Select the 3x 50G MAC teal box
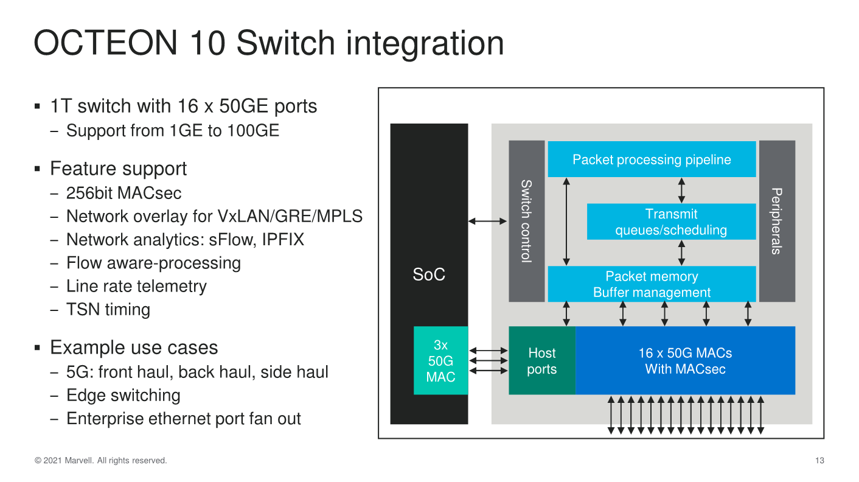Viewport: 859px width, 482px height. click(x=440, y=360)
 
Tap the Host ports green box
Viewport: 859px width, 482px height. click(x=542, y=360)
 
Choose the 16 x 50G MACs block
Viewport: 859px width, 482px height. click(x=685, y=360)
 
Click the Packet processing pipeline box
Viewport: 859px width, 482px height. click(x=652, y=159)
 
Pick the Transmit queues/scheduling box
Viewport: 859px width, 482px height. click(x=672, y=222)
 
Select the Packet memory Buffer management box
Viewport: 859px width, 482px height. click(x=652, y=284)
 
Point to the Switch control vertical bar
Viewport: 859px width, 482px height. click(x=526, y=221)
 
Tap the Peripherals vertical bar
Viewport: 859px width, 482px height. click(x=777, y=221)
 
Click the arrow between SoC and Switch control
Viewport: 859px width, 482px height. click(x=487, y=221)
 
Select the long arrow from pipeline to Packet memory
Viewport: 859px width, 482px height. click(x=566, y=222)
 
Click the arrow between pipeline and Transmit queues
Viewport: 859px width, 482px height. click(x=681, y=190)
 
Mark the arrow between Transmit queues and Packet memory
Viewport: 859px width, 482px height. click(x=681, y=253)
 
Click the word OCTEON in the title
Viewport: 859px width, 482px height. click(x=106, y=43)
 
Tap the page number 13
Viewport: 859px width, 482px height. click(x=819, y=461)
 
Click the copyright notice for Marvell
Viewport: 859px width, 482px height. click(x=101, y=461)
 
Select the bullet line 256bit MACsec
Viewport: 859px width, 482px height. click(x=123, y=193)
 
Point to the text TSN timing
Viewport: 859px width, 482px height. click(x=108, y=309)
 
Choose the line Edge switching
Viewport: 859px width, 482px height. click(x=123, y=395)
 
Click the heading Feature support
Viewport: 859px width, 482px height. click(x=118, y=169)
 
